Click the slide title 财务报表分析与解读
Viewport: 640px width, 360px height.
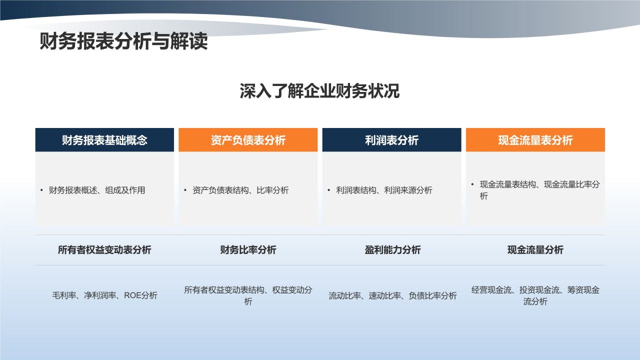point(123,42)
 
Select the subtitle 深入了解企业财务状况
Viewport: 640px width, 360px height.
point(319,92)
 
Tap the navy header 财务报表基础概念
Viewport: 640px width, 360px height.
point(104,140)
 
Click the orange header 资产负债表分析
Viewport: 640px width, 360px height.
point(248,140)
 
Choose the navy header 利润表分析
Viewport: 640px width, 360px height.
point(391,140)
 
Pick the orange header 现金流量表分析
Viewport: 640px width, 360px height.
point(535,140)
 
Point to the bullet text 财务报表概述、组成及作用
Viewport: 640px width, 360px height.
point(97,190)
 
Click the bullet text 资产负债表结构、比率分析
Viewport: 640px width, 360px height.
point(240,190)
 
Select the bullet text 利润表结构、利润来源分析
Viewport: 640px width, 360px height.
point(384,190)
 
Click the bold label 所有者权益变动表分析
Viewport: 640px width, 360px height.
point(104,250)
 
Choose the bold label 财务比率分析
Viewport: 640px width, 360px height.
point(248,250)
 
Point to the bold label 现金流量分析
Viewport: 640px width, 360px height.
point(535,250)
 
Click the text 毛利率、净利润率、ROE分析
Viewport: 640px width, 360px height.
point(104,295)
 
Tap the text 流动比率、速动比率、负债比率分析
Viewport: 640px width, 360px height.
point(392,295)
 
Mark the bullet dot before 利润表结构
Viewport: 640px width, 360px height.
point(329,190)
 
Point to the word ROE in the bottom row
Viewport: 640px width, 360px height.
point(132,295)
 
